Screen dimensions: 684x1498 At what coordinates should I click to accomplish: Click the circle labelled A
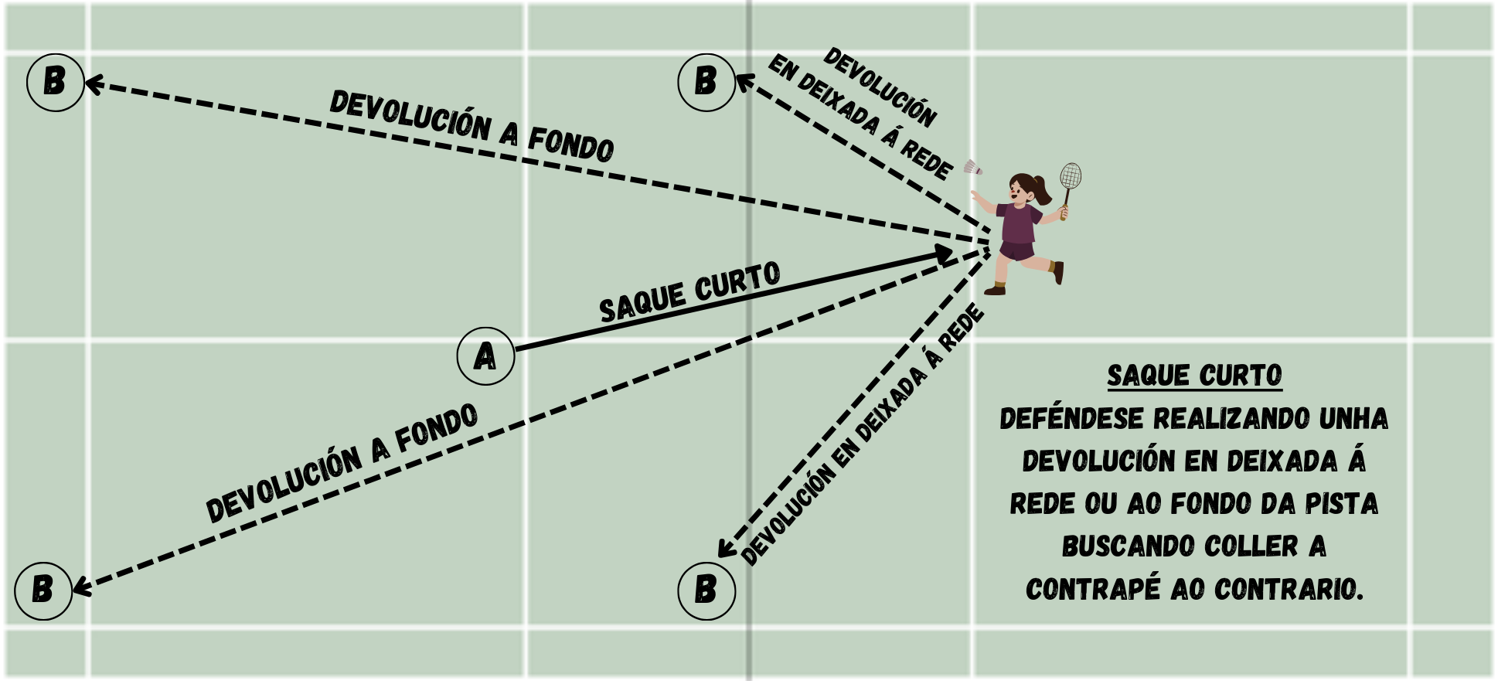485,356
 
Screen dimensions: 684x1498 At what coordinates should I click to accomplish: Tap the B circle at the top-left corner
55,82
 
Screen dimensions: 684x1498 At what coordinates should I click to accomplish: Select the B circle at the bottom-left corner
43,591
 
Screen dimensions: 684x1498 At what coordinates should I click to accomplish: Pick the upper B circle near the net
706,82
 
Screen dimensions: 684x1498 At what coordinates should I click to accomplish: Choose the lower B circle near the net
706,591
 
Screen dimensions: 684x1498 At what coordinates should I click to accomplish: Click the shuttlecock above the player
972,168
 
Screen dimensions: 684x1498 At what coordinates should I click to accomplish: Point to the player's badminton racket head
1071,176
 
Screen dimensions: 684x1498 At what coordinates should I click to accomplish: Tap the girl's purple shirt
1020,223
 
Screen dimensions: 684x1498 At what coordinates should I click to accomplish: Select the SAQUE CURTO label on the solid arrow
689,292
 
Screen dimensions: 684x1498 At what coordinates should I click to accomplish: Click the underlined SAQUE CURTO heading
1194,376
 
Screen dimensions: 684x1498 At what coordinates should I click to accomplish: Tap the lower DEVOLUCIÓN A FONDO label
342,463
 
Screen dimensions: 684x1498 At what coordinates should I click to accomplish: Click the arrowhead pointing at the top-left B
93,83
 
